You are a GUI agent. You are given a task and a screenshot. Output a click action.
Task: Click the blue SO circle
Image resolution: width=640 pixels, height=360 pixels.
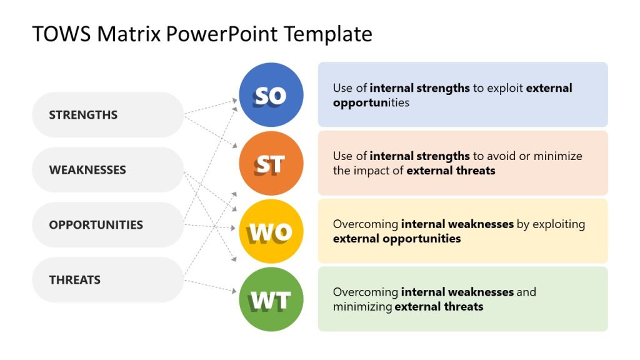271,95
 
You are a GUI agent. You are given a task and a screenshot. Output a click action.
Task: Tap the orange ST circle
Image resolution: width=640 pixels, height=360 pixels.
271,164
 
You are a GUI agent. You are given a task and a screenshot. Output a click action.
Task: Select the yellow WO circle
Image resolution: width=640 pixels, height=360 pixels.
271,232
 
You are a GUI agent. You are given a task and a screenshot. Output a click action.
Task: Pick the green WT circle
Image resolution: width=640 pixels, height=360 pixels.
271,299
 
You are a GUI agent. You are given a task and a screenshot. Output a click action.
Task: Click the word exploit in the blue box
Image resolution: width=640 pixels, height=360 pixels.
505,88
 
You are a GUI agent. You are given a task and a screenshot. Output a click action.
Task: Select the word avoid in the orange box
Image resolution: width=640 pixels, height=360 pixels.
500,156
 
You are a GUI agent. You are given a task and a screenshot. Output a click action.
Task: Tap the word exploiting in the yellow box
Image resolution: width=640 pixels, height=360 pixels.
558,224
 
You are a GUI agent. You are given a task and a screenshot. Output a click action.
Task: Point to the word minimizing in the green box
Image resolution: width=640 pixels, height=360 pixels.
362,307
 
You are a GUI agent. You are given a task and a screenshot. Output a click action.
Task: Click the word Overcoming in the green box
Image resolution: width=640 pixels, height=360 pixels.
365,292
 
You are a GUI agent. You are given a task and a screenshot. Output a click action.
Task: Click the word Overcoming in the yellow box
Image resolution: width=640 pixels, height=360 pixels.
365,224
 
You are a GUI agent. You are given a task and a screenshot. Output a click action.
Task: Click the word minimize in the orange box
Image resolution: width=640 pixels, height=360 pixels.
556,156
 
